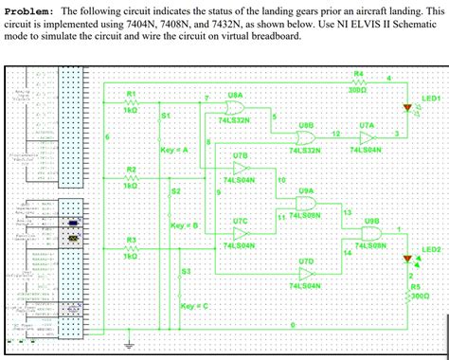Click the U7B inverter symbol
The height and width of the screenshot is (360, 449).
(x=240, y=167)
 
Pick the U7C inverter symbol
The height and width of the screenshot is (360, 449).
(x=240, y=232)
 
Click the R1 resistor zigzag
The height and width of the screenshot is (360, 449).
(x=132, y=101)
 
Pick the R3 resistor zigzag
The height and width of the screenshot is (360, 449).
(x=132, y=246)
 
